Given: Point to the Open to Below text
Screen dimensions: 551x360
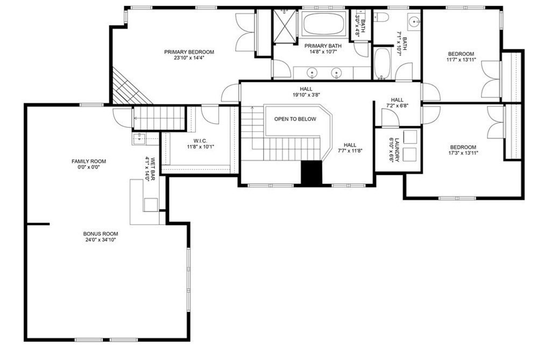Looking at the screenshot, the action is pyautogui.click(x=295, y=119).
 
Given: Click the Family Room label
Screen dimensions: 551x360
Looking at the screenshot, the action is pyautogui.click(x=89, y=161).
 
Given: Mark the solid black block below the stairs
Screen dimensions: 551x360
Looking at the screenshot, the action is pyautogui.click(x=312, y=173).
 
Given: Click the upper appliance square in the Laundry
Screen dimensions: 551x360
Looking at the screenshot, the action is pyautogui.click(x=409, y=137).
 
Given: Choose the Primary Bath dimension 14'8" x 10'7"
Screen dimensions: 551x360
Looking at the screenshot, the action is pyautogui.click(x=323, y=52).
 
